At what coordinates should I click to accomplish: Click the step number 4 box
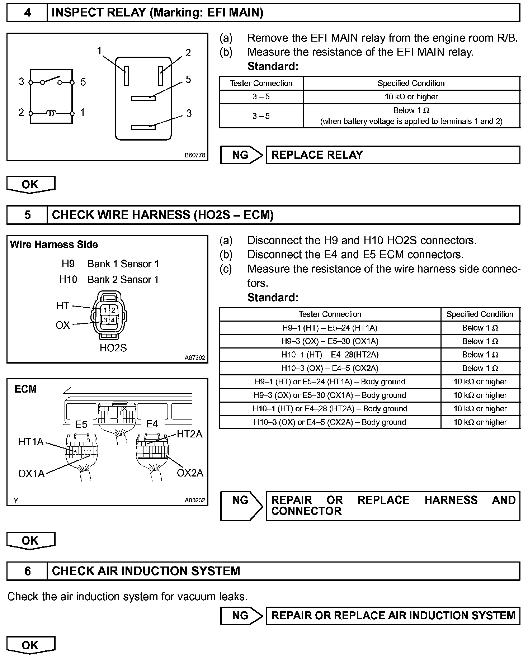click(27, 13)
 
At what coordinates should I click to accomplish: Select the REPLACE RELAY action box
click(392, 155)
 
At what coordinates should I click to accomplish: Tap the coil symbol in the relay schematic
click(51, 113)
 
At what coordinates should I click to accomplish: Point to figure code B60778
click(195, 155)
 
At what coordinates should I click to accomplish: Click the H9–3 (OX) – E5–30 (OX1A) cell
click(330, 341)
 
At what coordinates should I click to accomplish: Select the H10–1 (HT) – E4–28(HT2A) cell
click(330, 355)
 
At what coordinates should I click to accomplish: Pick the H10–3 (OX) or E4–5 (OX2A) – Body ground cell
click(330, 422)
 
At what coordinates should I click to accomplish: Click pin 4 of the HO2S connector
click(113, 319)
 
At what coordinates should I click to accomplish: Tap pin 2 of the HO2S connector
click(113, 310)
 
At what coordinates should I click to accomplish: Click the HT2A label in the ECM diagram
click(189, 434)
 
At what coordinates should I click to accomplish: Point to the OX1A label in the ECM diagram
click(31, 474)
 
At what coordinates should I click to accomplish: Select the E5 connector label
click(81, 425)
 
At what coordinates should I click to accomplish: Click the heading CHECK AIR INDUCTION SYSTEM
click(146, 571)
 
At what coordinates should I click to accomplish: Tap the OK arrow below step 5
click(30, 541)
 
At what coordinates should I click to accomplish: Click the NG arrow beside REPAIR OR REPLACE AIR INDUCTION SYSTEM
click(241, 616)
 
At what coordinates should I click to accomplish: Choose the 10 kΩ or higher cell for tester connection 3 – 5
click(411, 97)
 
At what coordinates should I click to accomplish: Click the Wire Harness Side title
click(54, 245)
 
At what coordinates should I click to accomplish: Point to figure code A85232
click(195, 500)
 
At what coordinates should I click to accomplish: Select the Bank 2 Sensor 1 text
click(123, 280)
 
